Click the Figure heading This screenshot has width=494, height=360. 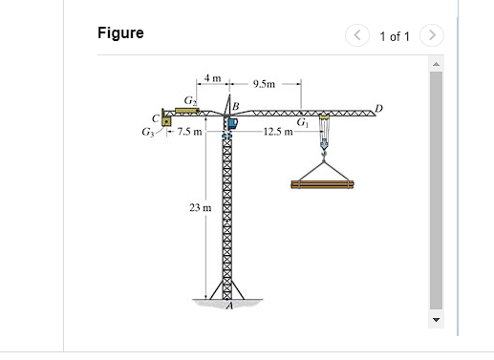coord(120,33)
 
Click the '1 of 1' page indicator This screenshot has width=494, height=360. coord(394,36)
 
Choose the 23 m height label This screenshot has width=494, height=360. coord(198,207)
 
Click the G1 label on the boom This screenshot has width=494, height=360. coord(302,121)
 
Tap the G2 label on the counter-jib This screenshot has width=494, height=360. coord(190,100)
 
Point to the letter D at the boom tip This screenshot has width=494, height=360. coord(379,108)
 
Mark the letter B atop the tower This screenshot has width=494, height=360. coord(236,103)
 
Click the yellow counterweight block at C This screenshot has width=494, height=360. coord(167,121)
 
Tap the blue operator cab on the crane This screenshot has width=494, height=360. coord(230,123)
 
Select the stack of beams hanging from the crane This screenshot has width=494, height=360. coord(322,183)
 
